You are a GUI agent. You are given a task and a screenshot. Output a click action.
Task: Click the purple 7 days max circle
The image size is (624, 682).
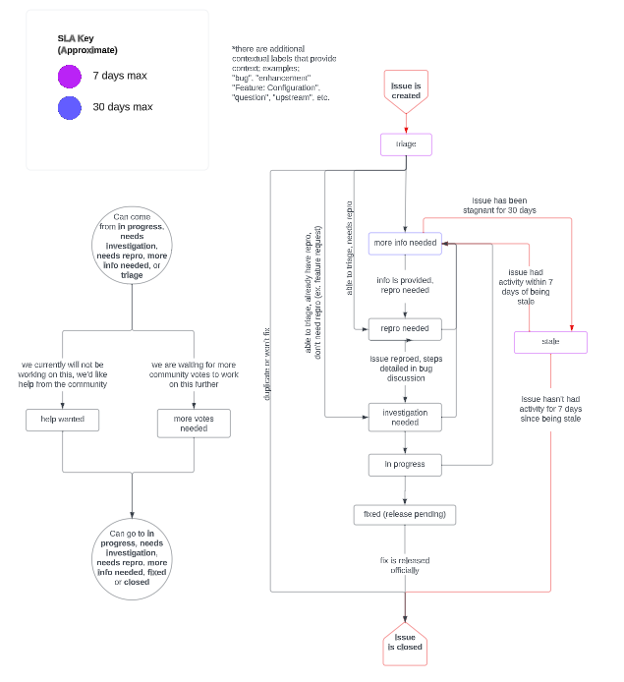pos(69,77)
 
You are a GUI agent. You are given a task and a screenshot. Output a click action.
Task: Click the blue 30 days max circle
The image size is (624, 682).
pos(69,107)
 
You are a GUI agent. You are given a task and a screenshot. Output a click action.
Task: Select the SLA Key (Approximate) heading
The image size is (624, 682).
pos(87,43)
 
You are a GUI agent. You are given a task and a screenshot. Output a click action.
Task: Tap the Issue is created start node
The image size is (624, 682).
pos(406,90)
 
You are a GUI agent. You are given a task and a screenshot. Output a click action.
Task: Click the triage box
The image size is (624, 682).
pos(406,144)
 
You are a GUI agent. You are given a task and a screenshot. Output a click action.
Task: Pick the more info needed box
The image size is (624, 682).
pos(406,243)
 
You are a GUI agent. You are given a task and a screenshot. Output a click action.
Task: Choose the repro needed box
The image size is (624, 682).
pos(406,329)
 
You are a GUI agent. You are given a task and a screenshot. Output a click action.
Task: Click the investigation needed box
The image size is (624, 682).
pos(406,418)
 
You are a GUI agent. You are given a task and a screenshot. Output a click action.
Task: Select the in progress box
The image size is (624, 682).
pos(406,464)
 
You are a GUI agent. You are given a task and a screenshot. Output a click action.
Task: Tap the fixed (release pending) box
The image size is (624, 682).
pos(406,514)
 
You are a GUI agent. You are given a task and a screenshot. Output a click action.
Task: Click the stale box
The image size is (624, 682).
pos(550,342)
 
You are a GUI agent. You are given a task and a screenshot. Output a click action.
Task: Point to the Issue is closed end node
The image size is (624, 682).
pos(405,643)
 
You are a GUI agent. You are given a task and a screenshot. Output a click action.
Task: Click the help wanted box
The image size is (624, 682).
pos(63,420)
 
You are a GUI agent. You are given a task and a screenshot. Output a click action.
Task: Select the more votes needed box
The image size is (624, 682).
pos(194,423)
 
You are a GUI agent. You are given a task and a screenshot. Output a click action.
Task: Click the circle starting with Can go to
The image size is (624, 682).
pos(132,561)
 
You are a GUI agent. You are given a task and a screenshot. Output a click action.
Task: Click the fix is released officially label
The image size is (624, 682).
pos(405,565)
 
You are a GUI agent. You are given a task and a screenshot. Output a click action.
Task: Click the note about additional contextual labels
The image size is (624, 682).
pos(284,74)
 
